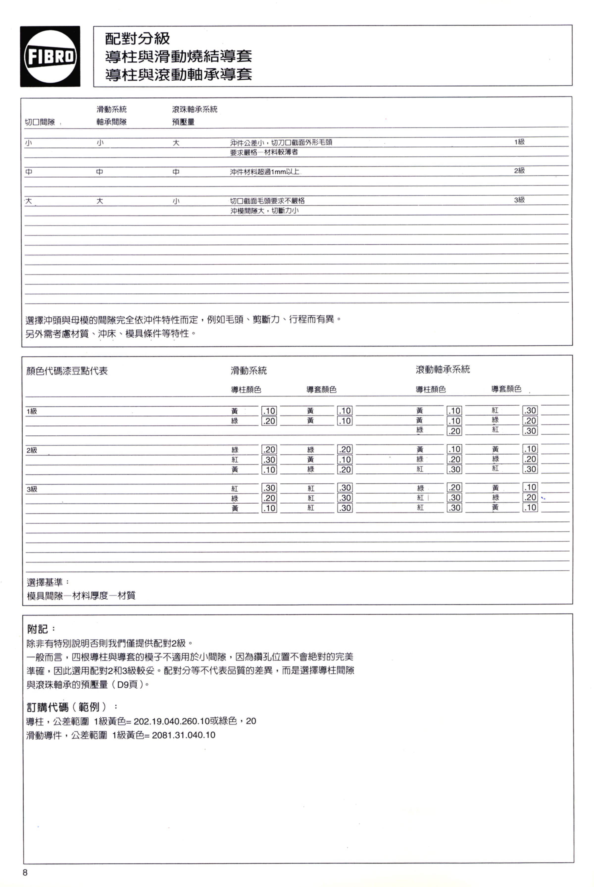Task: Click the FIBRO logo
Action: pos(50,56)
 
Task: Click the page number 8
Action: pos(25,873)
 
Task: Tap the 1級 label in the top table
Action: pos(519,142)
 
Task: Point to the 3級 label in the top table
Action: pos(519,200)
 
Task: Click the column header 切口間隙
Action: pos(40,122)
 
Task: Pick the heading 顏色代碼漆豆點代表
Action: pos(67,371)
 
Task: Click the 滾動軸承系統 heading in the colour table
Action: pos(443,370)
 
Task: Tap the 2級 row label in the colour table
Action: pos(32,450)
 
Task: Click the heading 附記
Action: pos(38,629)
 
